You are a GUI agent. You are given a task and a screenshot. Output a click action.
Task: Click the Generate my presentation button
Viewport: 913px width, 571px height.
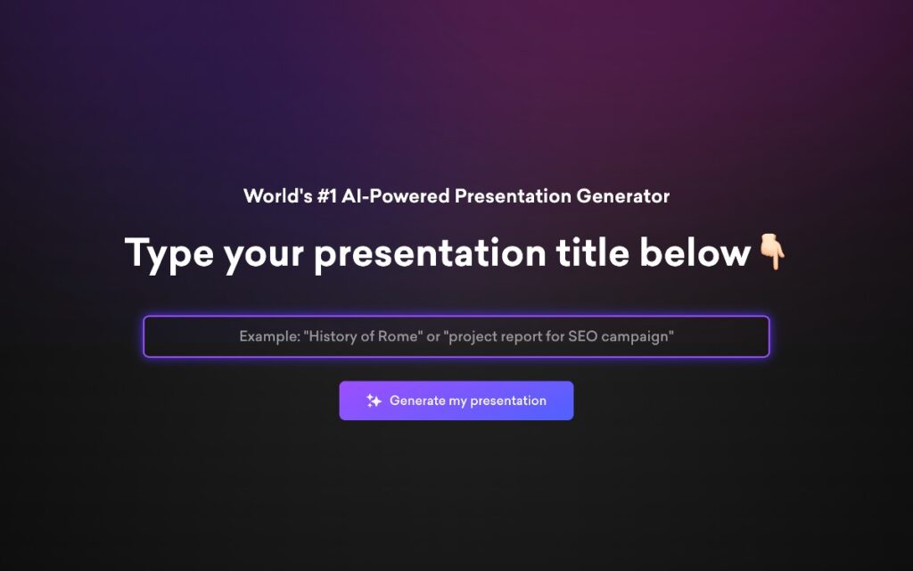tap(456, 401)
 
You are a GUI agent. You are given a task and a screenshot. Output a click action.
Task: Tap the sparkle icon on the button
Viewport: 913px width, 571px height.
tap(374, 401)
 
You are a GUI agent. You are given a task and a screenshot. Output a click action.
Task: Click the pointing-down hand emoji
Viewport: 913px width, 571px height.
tap(771, 252)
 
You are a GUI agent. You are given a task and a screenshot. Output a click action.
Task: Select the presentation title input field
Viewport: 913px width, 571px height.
tap(456, 336)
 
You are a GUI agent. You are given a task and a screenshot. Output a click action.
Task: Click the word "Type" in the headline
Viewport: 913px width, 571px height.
tap(169, 253)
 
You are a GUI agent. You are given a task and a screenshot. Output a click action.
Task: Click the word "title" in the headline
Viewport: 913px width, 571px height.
tap(590, 253)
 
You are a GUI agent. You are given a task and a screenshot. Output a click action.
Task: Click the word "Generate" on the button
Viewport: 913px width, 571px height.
tap(417, 401)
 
